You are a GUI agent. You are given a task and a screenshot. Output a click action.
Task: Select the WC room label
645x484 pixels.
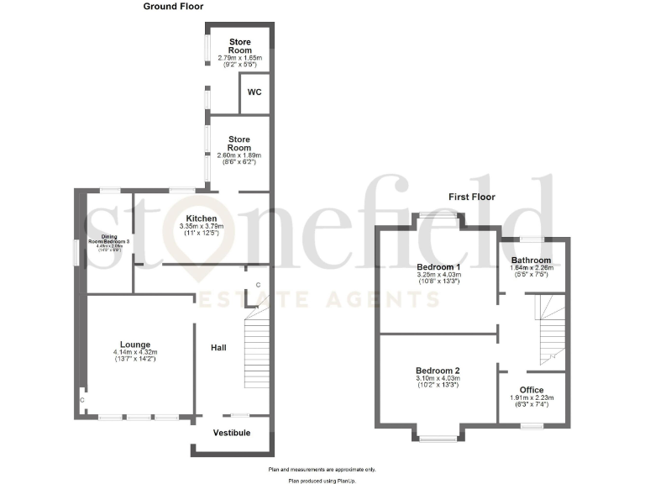(x=254, y=92)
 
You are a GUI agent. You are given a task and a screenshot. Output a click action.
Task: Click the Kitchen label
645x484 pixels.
(x=202, y=218)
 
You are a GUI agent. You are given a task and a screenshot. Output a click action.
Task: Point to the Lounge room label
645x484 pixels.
(x=134, y=344)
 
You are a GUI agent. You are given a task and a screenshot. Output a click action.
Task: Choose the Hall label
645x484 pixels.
(x=218, y=346)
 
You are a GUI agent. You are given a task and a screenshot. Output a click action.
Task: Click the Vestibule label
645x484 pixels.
(x=231, y=432)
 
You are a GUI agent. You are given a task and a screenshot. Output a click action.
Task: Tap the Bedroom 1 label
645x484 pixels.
(x=439, y=266)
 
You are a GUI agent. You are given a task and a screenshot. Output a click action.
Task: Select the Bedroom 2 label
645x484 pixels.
(x=438, y=370)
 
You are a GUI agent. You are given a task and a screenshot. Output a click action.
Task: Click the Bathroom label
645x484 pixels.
(x=532, y=260)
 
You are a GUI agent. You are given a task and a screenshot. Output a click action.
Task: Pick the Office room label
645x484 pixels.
(x=532, y=390)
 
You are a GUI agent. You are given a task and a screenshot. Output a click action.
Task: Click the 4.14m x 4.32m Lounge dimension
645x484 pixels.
(x=134, y=352)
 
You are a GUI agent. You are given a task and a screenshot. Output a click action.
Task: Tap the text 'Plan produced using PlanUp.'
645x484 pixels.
(x=322, y=479)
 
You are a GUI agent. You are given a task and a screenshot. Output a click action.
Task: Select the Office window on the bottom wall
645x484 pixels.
(x=531, y=426)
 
